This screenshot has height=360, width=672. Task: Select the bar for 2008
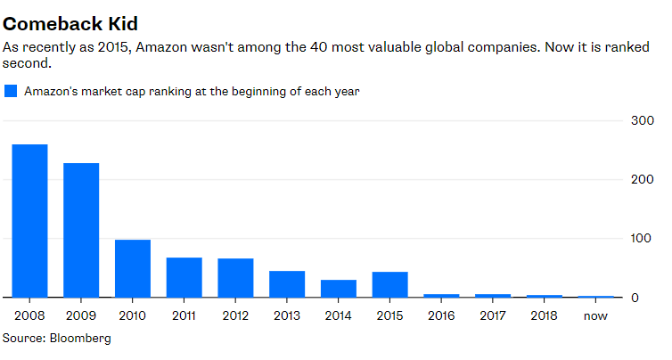(29, 220)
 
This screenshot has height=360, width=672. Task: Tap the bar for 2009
(81, 230)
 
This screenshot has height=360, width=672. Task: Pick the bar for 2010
(133, 268)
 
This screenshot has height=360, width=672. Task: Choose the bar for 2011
(184, 277)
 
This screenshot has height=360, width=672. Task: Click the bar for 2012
(236, 278)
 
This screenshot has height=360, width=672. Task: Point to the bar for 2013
(287, 284)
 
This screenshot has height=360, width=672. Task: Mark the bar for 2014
(339, 289)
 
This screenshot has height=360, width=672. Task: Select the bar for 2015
(390, 284)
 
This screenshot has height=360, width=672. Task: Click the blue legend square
(11, 91)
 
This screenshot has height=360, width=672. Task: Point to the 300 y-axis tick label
(641, 121)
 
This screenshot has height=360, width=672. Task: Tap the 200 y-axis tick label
(641, 180)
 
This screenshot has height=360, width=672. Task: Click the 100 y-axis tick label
(641, 239)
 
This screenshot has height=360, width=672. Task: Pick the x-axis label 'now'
(596, 315)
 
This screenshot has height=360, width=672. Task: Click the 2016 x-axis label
(442, 315)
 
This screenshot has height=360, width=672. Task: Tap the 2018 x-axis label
(545, 315)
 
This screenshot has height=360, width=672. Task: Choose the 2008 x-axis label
(29, 315)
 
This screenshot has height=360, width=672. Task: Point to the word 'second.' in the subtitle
(26, 64)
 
